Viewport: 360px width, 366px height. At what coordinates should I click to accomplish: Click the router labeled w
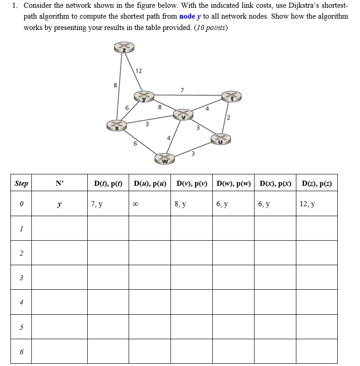165,158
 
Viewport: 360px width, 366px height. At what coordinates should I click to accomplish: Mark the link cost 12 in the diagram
139,71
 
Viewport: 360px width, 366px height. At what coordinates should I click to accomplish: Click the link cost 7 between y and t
182,90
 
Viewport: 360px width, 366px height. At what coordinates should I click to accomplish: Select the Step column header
21,184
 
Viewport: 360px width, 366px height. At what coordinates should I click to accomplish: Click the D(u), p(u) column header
150,184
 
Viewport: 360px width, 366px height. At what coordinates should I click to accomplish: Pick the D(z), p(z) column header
317,184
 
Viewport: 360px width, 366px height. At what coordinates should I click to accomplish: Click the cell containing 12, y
307,204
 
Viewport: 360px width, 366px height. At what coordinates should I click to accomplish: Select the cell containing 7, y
97,204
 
